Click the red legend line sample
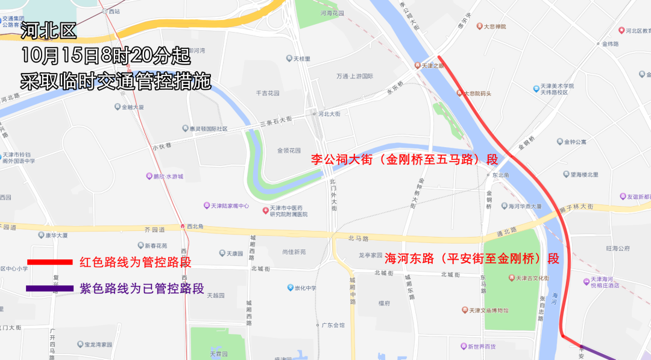[x=49, y=262]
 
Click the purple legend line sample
[x=49, y=288]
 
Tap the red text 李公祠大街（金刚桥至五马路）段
[x=404, y=160]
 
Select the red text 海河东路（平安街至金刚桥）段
[x=472, y=259]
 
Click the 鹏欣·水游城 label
[x=164, y=177]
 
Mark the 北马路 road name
[x=357, y=238]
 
